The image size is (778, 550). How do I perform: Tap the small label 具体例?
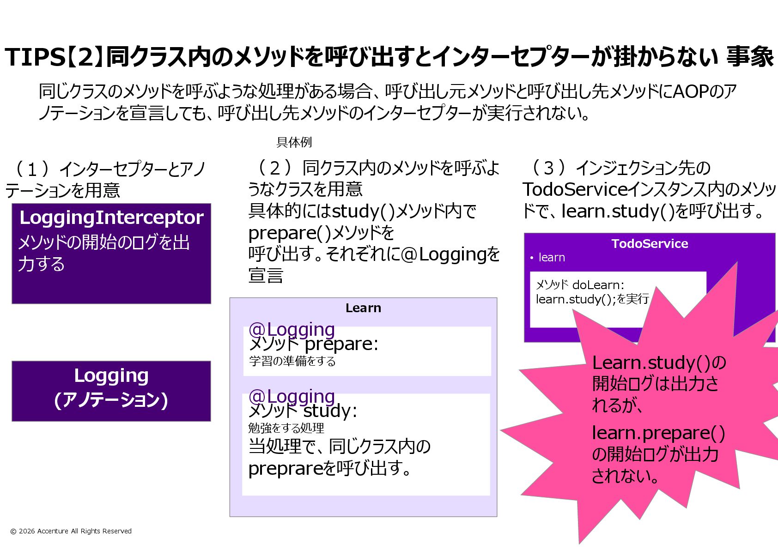(x=294, y=142)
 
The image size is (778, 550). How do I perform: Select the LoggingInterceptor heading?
(x=111, y=218)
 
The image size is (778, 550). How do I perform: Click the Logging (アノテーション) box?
(x=111, y=391)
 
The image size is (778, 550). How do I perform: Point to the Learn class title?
(x=363, y=308)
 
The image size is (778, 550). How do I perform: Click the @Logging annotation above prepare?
(x=291, y=329)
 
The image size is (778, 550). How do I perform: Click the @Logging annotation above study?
(x=291, y=396)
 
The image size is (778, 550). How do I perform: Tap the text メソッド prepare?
(x=313, y=344)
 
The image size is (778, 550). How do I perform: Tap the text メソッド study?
(x=303, y=411)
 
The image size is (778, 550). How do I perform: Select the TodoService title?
(x=650, y=244)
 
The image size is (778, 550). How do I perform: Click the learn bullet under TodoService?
(x=551, y=258)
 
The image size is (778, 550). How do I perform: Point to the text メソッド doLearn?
(x=579, y=285)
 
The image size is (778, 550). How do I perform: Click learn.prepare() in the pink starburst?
(x=658, y=433)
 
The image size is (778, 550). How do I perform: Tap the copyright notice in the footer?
(x=71, y=531)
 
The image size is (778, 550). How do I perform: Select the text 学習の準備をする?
(x=292, y=361)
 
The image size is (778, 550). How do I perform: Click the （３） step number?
(x=548, y=168)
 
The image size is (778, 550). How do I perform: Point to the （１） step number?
(x=32, y=169)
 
